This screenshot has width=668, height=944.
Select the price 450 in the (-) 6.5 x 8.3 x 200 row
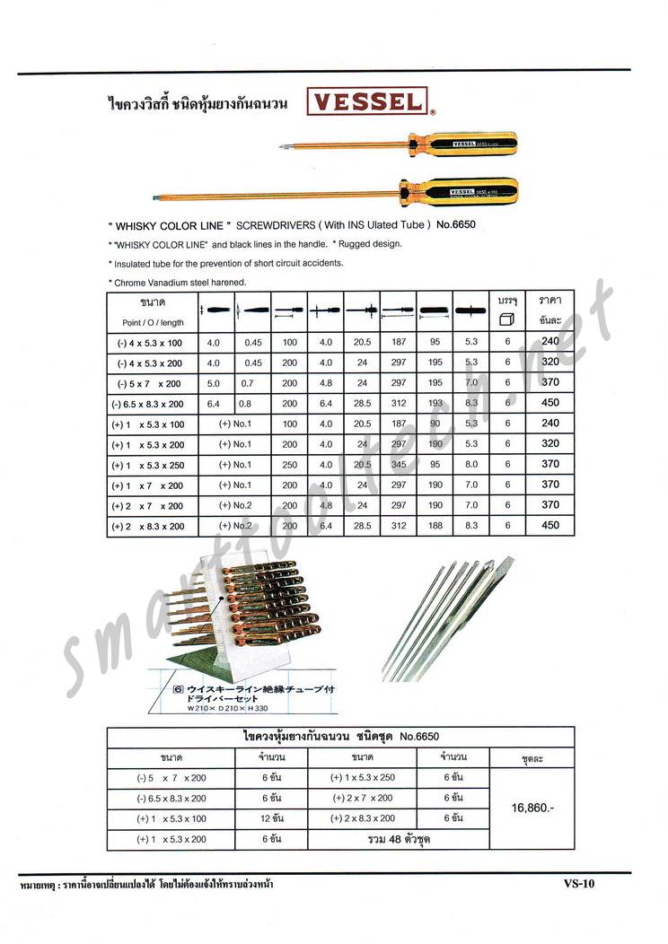(549, 403)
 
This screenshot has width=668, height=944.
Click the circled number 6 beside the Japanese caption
(178, 690)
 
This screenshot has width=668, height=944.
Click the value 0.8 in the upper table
(245, 403)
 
